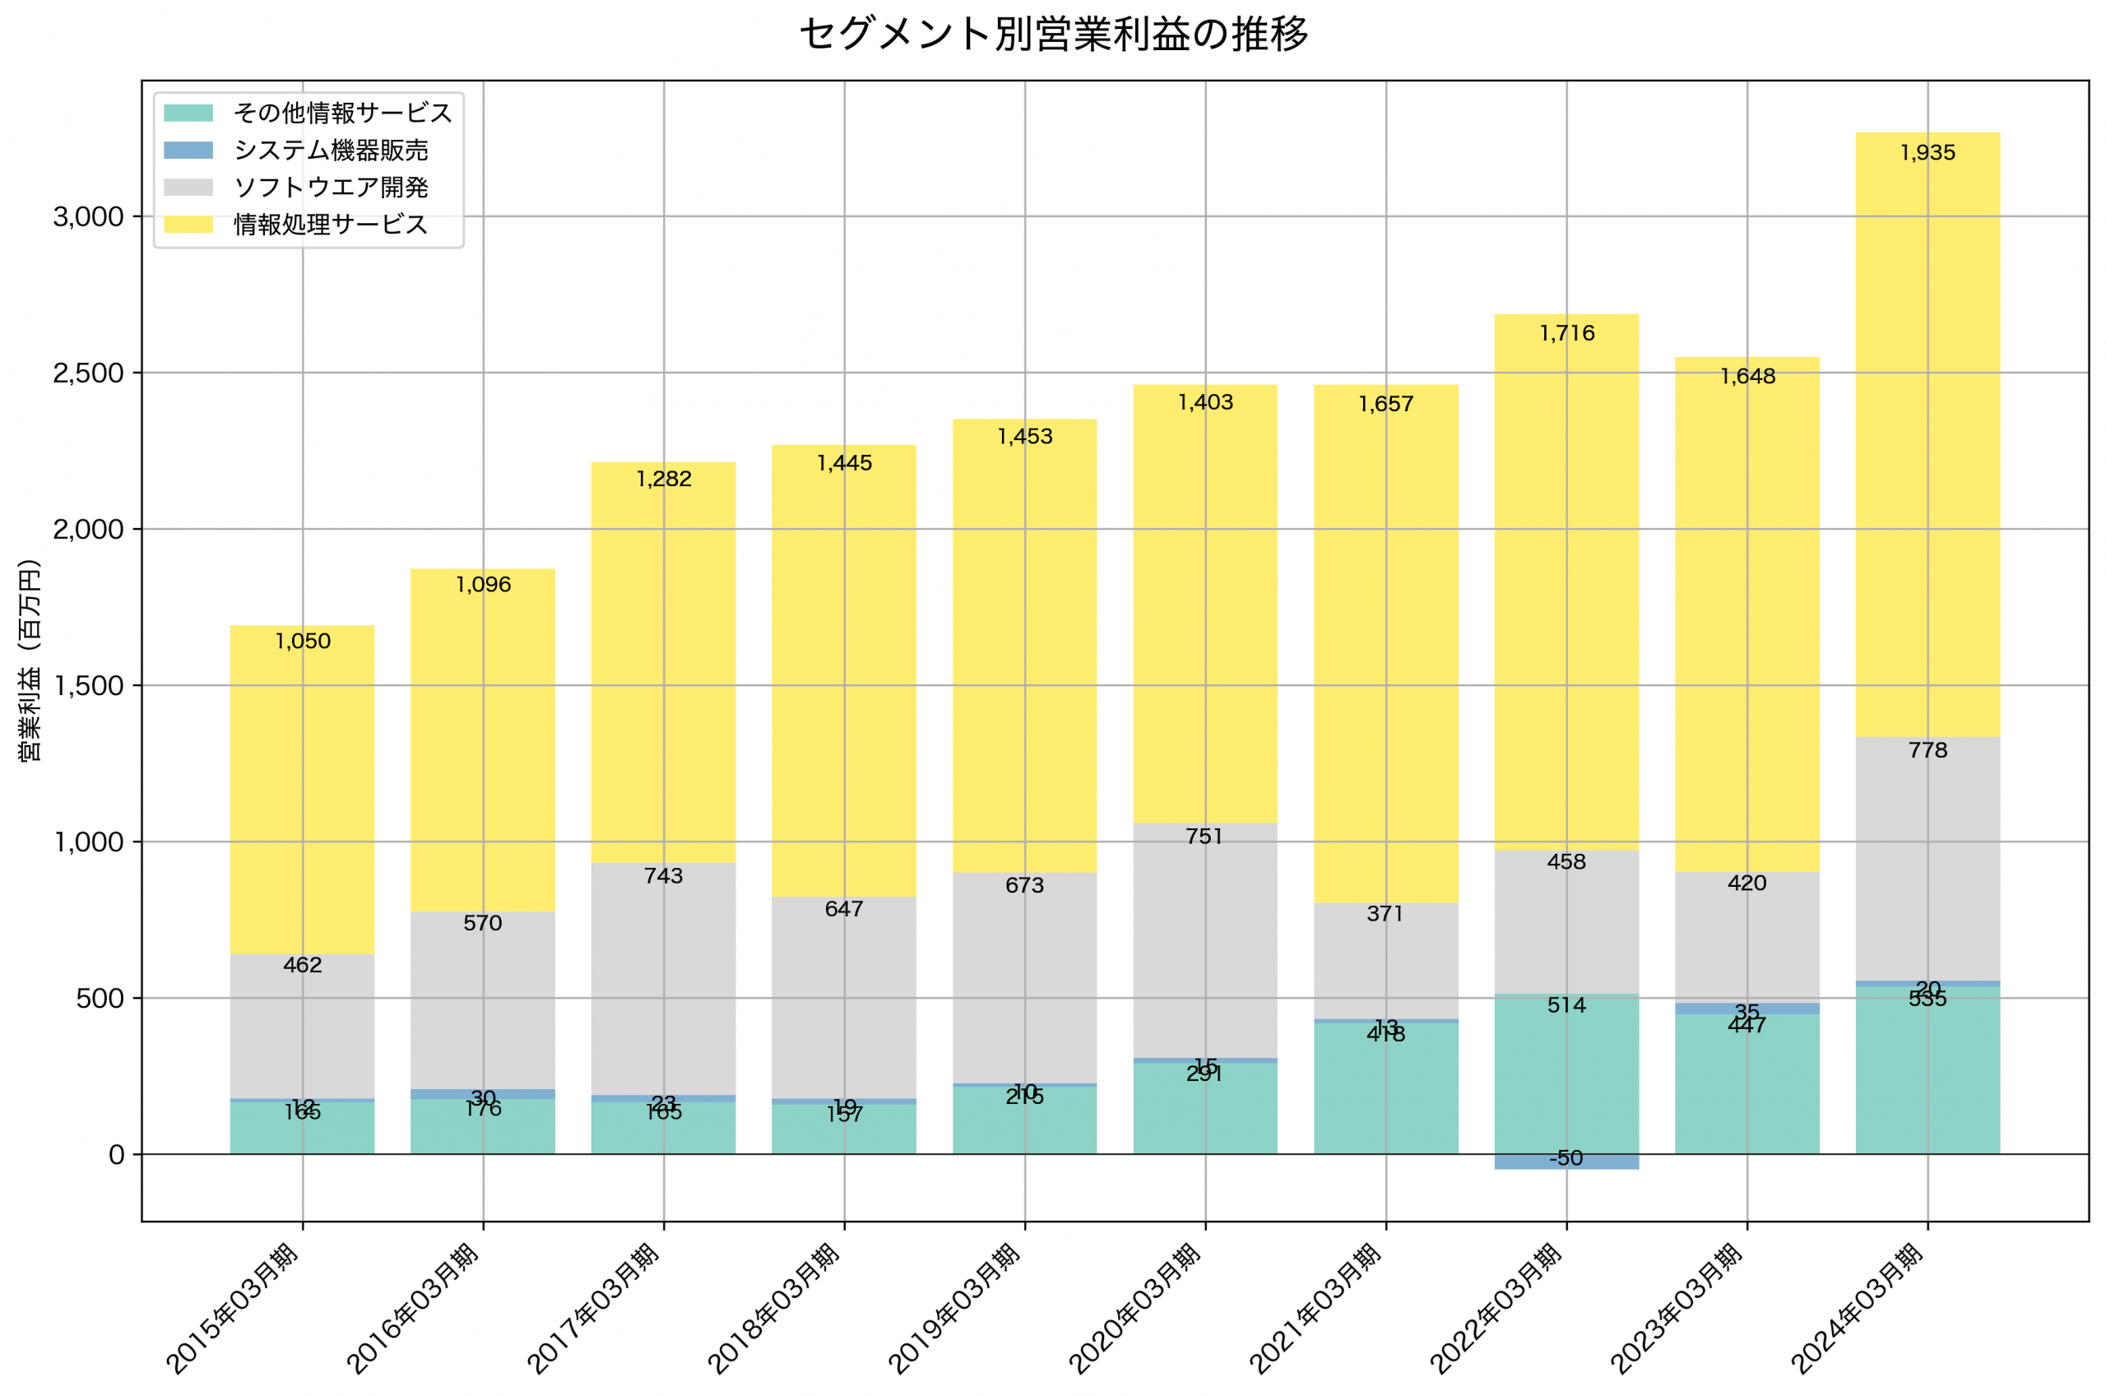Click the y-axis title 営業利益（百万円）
point(30,661)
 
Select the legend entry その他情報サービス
point(343,113)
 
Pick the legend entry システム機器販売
point(330,151)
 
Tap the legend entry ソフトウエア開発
point(330,188)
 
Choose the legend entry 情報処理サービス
point(330,225)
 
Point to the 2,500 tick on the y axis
point(88,373)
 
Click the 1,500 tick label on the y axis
point(88,685)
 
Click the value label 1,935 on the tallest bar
point(1927,153)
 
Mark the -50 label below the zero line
point(1566,1158)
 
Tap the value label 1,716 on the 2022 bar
point(1566,334)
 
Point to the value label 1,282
point(663,480)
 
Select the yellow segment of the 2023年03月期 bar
point(1746,624)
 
